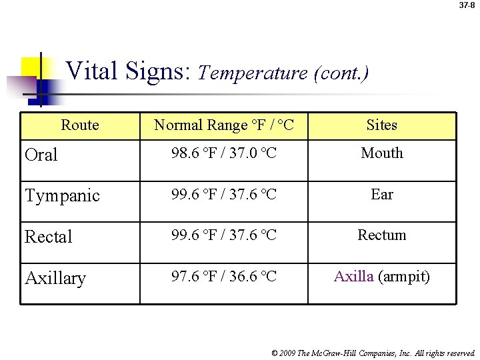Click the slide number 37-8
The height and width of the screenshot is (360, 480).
click(x=467, y=5)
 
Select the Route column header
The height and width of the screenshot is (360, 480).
click(x=80, y=125)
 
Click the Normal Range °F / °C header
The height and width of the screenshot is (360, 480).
click(x=223, y=125)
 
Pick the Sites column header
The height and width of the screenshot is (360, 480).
click(x=382, y=125)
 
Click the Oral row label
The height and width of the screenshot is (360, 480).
click(x=41, y=155)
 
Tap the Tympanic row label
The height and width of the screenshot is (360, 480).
click(x=62, y=196)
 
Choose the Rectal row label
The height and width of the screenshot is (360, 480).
click(x=48, y=237)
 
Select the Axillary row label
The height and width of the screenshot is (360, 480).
click(x=55, y=278)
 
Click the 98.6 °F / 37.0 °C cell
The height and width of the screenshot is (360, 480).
click(x=223, y=153)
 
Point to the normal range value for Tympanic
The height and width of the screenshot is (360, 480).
click(x=223, y=195)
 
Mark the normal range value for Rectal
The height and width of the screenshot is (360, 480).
click(x=223, y=235)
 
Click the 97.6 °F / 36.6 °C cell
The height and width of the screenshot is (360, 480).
click(x=223, y=276)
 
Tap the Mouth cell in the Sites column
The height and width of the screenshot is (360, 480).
click(x=382, y=153)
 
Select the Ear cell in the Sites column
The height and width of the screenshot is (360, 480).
click(x=382, y=194)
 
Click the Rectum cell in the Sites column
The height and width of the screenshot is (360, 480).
click(x=382, y=235)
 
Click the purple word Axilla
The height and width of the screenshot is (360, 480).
click(x=353, y=276)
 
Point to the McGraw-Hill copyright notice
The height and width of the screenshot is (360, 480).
click(x=374, y=353)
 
